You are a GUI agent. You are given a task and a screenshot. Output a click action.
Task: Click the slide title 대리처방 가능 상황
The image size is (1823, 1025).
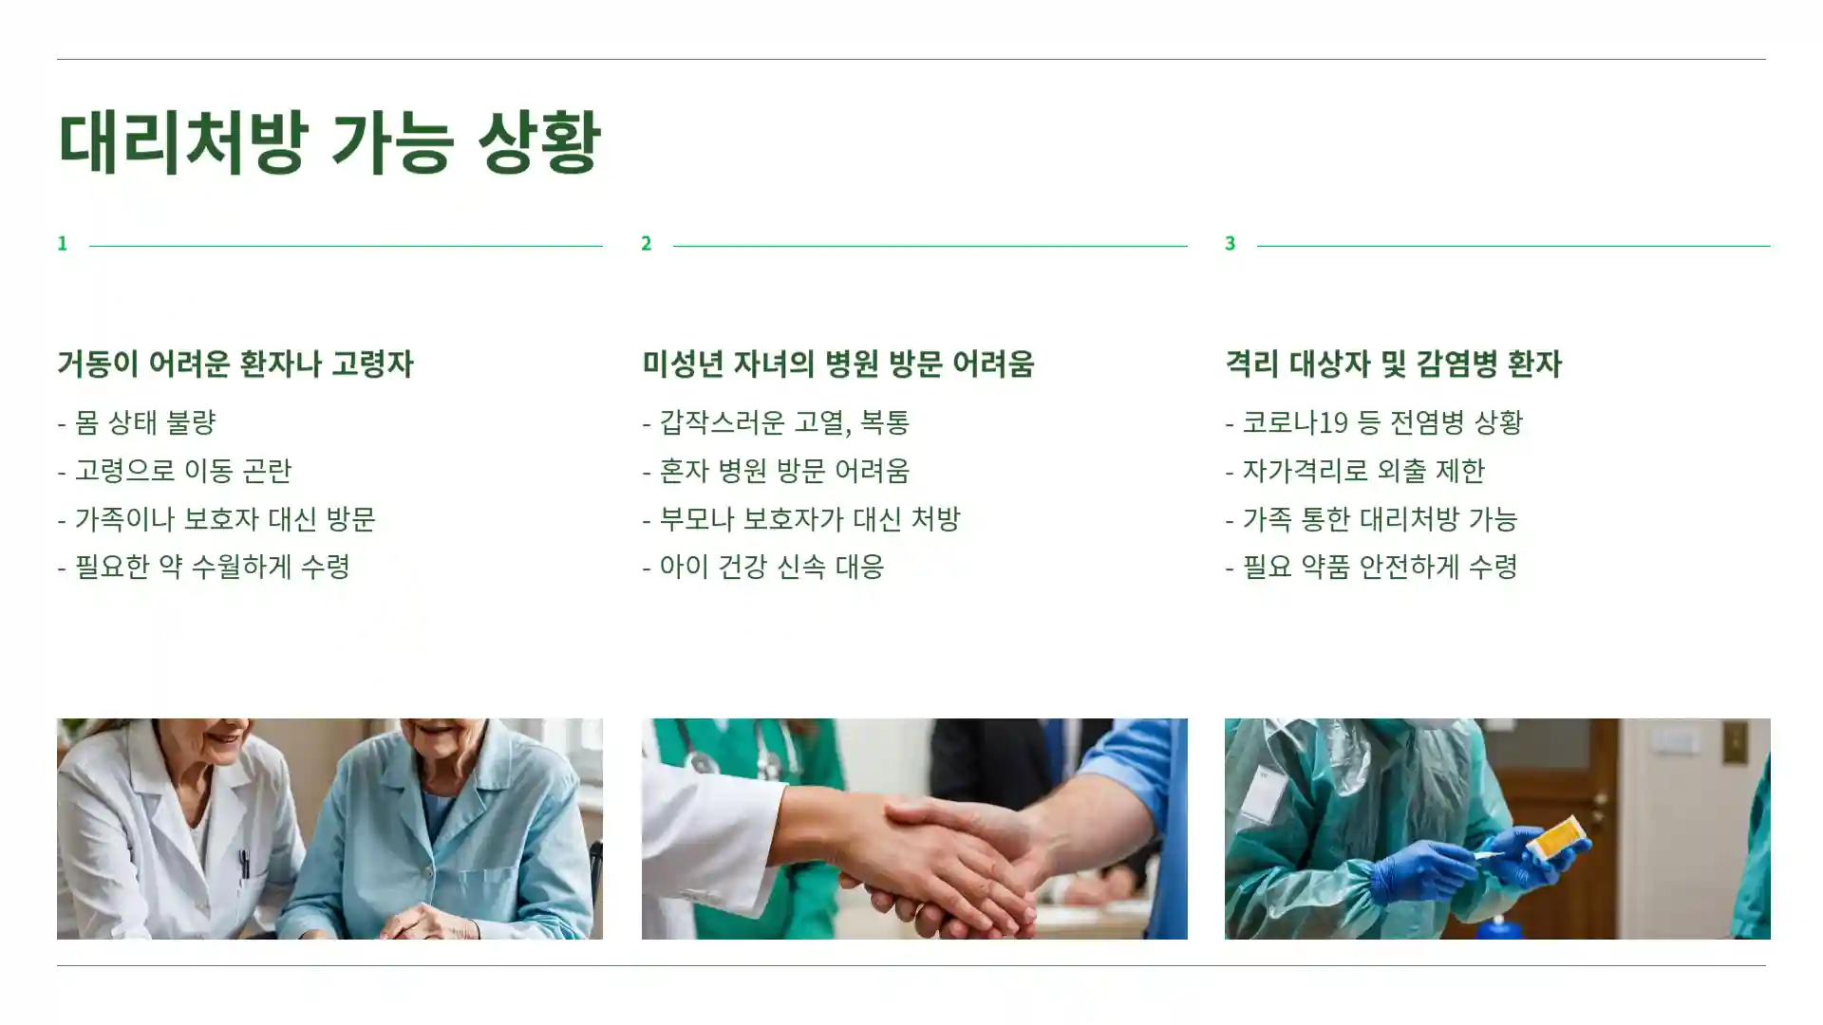(x=329, y=142)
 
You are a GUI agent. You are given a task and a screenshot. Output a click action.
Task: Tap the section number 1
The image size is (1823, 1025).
(x=63, y=244)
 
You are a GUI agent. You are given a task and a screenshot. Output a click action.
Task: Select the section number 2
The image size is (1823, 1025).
(x=647, y=244)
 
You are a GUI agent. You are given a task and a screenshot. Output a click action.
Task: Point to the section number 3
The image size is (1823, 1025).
(x=1231, y=244)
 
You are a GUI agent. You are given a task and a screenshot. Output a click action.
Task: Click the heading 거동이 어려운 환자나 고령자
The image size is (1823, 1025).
(x=235, y=363)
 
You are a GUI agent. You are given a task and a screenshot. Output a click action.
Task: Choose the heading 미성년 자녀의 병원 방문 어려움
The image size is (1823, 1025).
(x=837, y=363)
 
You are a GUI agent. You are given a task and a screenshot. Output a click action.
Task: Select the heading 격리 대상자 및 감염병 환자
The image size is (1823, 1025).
(x=1393, y=363)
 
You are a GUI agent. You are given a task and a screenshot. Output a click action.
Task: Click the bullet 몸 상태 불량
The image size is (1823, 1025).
(x=144, y=422)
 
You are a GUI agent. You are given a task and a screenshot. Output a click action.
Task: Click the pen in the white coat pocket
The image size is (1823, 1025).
(x=244, y=862)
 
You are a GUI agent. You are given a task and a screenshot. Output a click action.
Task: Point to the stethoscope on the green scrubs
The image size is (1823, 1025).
(x=701, y=755)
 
